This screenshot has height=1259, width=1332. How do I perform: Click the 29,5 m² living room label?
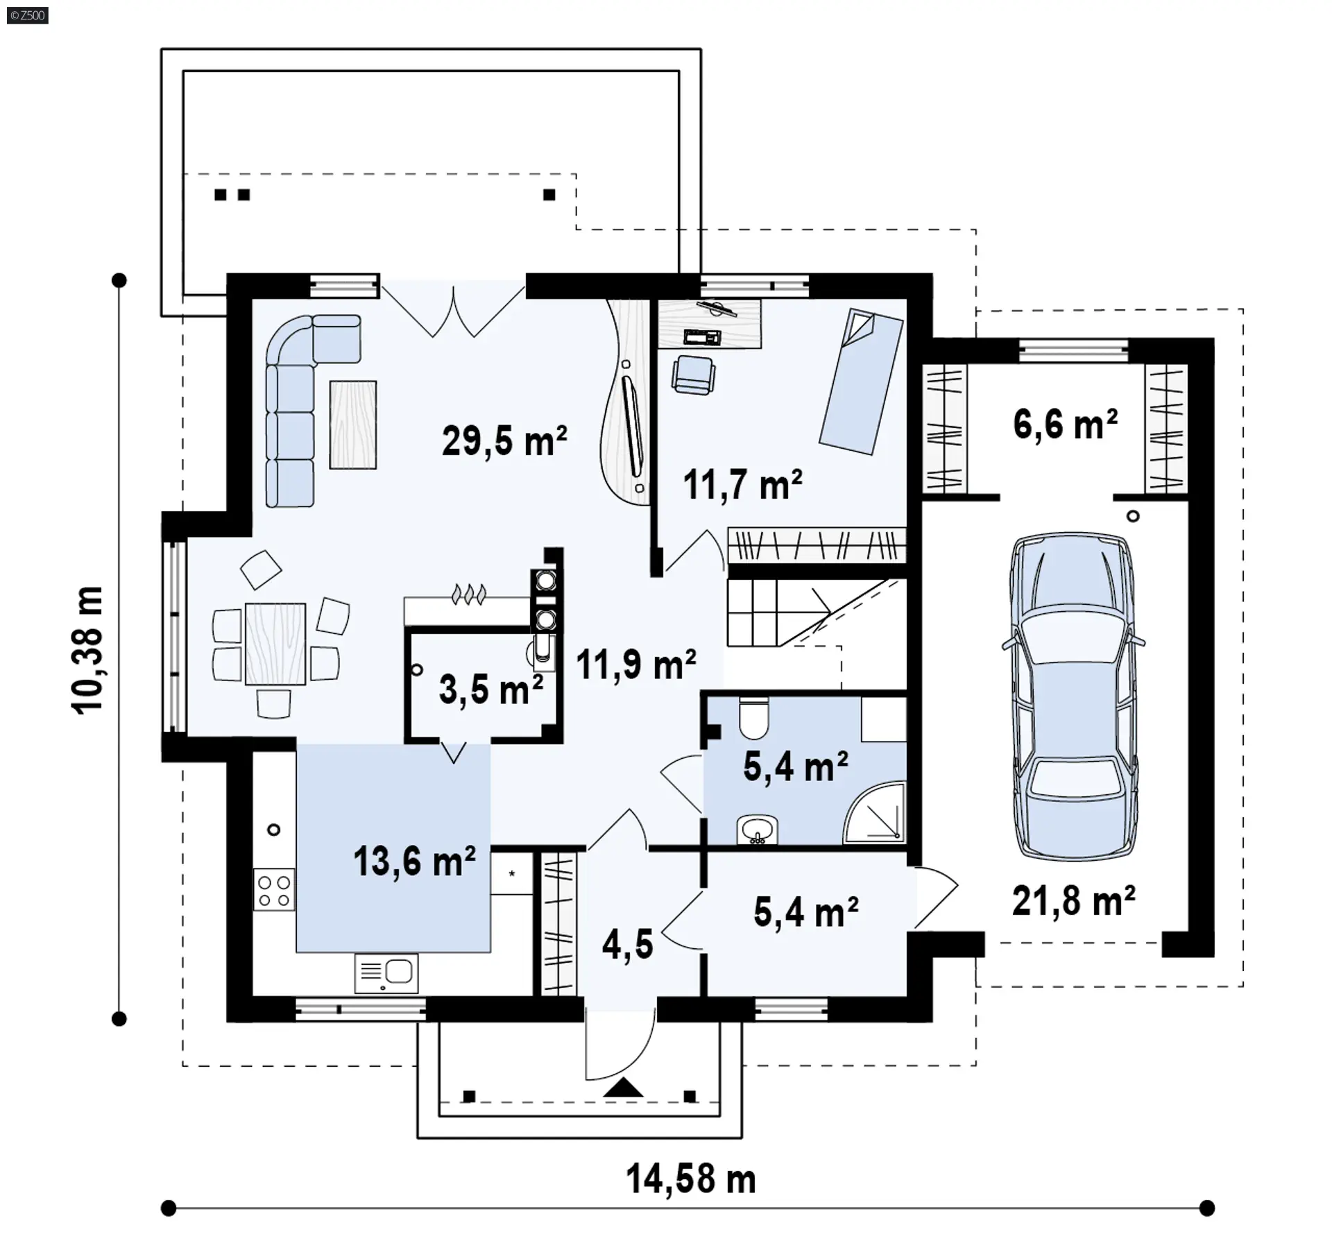tap(504, 440)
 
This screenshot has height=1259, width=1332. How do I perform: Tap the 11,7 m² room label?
tap(743, 484)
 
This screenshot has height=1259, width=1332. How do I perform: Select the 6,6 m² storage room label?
tap(1066, 424)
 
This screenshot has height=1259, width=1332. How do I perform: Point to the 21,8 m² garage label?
tap(1074, 901)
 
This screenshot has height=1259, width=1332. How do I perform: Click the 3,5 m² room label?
tap(491, 690)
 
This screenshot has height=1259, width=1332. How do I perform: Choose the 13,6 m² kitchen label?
tap(415, 861)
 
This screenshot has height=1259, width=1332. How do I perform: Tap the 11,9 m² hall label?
tap(636, 664)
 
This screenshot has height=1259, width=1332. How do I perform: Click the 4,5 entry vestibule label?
tap(628, 944)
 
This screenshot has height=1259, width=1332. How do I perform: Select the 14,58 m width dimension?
tap(691, 1179)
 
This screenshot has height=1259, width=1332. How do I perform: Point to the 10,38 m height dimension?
tap(87, 649)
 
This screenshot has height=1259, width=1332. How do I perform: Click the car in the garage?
tap(1073, 696)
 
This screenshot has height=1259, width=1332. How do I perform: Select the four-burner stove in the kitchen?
tap(274, 890)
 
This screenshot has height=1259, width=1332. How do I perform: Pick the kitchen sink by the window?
tap(386, 974)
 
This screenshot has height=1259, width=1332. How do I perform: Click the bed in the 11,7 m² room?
tap(862, 382)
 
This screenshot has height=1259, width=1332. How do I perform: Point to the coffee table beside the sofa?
tap(353, 425)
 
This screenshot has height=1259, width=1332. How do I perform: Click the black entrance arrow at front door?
tap(624, 1087)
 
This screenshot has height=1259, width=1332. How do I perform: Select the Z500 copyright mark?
tap(28, 15)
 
